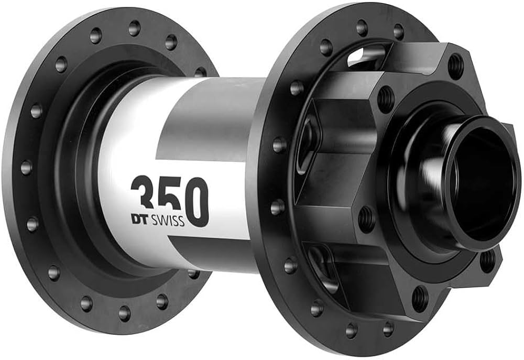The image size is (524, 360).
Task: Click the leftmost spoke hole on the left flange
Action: click(x=26, y=167)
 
